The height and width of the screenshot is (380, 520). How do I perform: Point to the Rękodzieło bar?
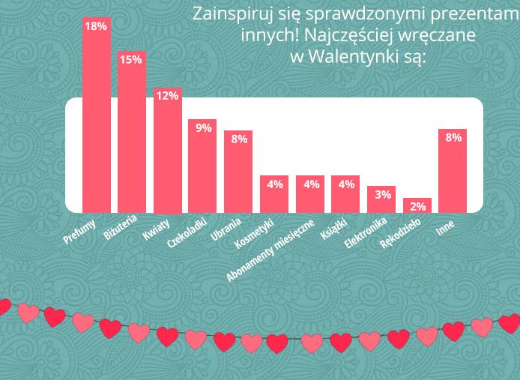point(417,206)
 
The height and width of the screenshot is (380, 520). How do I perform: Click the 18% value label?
point(96,26)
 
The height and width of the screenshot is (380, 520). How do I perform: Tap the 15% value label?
point(131,59)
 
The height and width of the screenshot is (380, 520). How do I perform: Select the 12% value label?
point(167,95)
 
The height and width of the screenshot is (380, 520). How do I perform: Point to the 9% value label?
point(203,127)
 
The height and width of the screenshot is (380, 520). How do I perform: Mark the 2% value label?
point(418,206)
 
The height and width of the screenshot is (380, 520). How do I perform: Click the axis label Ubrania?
point(227,229)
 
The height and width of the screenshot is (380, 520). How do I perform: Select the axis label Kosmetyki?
point(256,233)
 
